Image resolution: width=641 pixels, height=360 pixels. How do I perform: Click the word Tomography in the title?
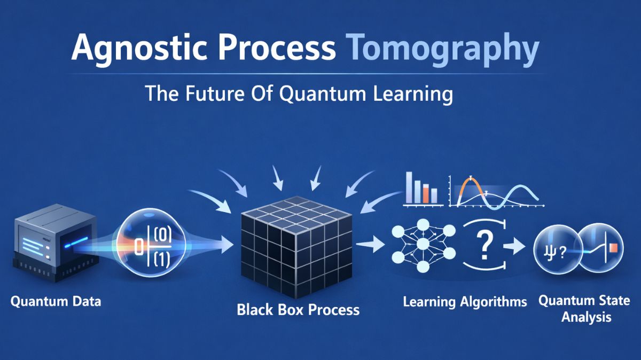(443, 49)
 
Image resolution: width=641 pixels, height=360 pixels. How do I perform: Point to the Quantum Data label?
(56, 302)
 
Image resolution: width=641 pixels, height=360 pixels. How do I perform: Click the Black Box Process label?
(298, 309)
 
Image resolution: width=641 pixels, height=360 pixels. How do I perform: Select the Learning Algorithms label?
(464, 302)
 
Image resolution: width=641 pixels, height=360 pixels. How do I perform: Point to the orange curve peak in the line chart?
(471, 179)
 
